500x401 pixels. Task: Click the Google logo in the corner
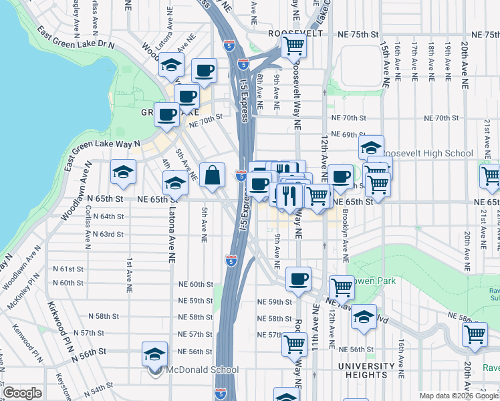pyautogui.click(x=22, y=392)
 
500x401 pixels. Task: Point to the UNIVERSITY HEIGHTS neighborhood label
pyautogui.click(x=366, y=371)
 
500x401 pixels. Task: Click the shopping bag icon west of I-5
pyautogui.click(x=212, y=176)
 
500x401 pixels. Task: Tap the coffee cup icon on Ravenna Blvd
pyautogui.click(x=298, y=278)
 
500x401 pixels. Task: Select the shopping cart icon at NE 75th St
pyautogui.click(x=293, y=46)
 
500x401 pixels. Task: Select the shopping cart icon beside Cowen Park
pyautogui.click(x=342, y=287)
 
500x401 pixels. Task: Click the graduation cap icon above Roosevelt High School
pyautogui.click(x=371, y=147)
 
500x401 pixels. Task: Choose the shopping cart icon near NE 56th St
pyautogui.click(x=294, y=345)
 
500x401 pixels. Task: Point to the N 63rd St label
pyautogui.click(x=108, y=235)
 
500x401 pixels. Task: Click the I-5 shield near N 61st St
pyautogui.click(x=231, y=261)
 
